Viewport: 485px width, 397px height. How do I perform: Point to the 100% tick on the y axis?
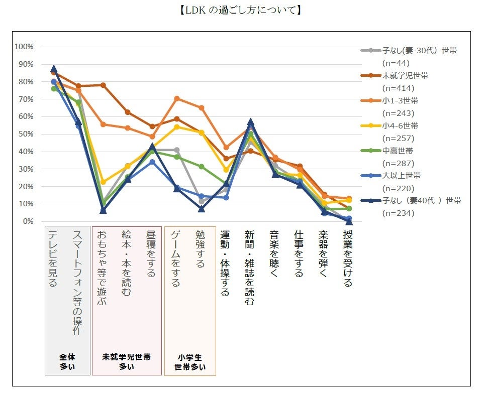pos(24,47)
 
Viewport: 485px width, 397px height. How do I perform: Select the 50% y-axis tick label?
pos(25,134)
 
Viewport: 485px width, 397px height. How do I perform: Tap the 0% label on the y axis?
pos(27,221)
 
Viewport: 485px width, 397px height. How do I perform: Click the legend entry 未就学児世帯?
pos(405,75)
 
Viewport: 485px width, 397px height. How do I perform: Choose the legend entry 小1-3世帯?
pos(400,100)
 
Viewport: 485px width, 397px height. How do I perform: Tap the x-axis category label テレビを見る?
pos(53,258)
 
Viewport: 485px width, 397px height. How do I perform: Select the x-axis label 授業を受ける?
pos(348,258)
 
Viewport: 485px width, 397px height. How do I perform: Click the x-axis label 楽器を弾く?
pos(323,254)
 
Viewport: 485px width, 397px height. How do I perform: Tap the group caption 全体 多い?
pos(67,362)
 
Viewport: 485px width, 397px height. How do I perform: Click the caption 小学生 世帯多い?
pos(190,362)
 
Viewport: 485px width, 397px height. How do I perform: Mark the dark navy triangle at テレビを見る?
pos(54,69)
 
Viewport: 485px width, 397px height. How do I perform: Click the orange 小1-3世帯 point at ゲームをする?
pos(176,98)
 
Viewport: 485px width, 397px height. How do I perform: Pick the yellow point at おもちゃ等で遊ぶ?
pos(103,182)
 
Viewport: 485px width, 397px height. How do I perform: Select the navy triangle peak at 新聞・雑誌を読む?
pos(250,122)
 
